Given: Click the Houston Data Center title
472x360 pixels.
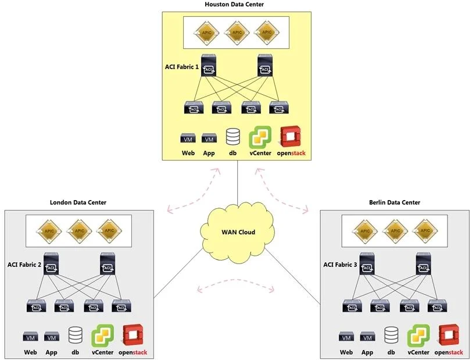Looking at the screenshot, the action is (x=234, y=4).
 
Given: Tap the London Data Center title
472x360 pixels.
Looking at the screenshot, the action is (x=78, y=202).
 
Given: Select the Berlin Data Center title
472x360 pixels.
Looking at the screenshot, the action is (x=395, y=202).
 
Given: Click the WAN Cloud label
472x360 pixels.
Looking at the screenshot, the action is (x=238, y=232).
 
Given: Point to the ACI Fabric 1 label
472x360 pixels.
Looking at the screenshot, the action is (x=181, y=67).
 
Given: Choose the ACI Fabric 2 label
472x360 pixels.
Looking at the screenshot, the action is (x=24, y=265).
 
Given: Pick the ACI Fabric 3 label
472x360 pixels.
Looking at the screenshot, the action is (x=340, y=265).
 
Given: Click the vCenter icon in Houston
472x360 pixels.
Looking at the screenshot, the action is (x=260, y=137).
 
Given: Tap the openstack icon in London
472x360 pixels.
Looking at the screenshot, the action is (x=133, y=335).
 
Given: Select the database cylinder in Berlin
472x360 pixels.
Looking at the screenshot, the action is (x=391, y=335).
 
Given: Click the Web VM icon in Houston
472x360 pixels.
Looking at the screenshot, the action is (x=188, y=138).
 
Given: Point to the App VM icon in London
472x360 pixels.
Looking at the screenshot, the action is (x=52, y=337).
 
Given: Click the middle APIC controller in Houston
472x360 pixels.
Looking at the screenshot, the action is (x=237, y=33).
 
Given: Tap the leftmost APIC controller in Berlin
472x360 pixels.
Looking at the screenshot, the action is (x=365, y=231).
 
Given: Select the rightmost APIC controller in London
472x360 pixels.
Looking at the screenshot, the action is (x=109, y=231).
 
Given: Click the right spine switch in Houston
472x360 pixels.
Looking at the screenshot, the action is (x=265, y=65).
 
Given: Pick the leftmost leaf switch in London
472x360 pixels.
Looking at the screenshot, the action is (x=37, y=306).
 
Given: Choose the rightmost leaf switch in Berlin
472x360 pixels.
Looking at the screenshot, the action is (x=437, y=306).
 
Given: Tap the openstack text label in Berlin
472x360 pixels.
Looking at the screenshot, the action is (x=449, y=352).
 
